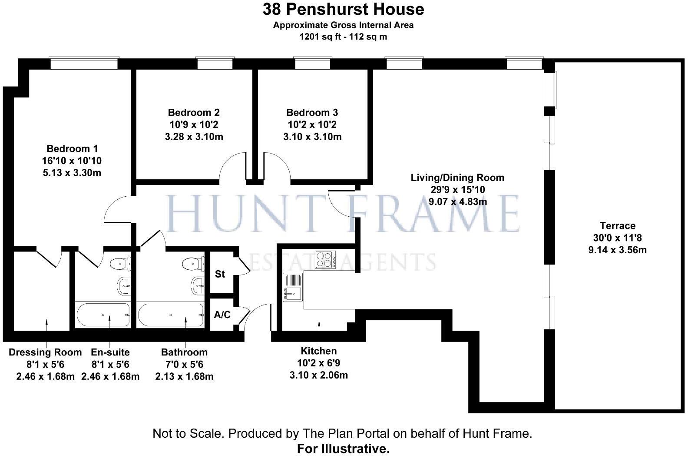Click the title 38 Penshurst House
pyautogui.click(x=343, y=9)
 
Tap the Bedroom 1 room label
pyautogui.click(x=72, y=148)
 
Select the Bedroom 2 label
pyautogui.click(x=194, y=113)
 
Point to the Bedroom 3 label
pyautogui.click(x=312, y=113)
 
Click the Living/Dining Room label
pyautogui.click(x=457, y=178)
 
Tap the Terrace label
pyautogui.click(x=617, y=226)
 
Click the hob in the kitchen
pyautogui.click(x=325, y=260)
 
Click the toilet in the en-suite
pyautogui.click(x=121, y=264)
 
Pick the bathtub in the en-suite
pyautogui.click(x=103, y=315)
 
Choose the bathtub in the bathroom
pyautogui.click(x=171, y=315)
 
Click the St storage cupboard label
pyautogui.click(x=220, y=274)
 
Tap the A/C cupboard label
pyautogui.click(x=222, y=315)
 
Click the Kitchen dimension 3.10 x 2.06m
pyautogui.click(x=318, y=375)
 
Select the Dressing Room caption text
pyautogui.click(x=45, y=352)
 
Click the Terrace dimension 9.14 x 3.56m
pyautogui.click(x=617, y=250)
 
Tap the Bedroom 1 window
pyautogui.click(x=84, y=64)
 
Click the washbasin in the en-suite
pyautogui.click(x=124, y=286)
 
